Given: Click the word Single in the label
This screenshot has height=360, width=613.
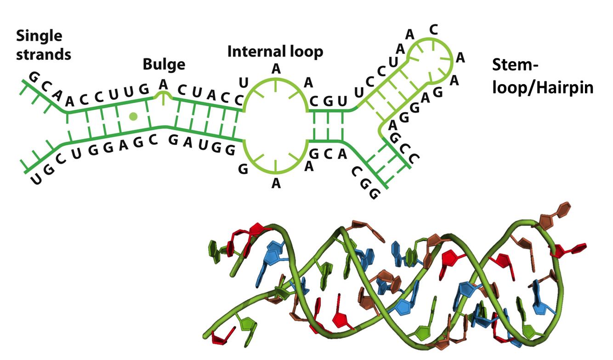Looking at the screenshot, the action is (x=39, y=36).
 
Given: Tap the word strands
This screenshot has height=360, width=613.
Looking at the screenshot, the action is (x=44, y=55).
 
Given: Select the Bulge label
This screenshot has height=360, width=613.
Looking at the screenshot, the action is (x=164, y=64).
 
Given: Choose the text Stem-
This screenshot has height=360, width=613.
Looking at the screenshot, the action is (x=515, y=66).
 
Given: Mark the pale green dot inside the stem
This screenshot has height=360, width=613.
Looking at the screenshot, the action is (x=134, y=116).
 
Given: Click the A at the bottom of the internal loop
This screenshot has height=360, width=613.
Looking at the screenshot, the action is (x=276, y=183).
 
